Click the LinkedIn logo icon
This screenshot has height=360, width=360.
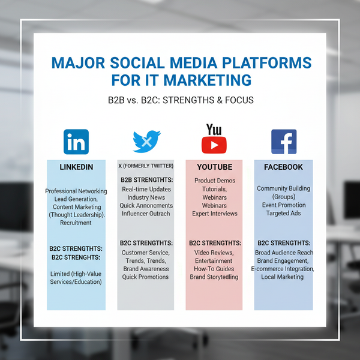tap(76, 142)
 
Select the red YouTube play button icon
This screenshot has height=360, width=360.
tap(214, 144)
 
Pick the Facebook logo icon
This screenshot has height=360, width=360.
tap(284, 142)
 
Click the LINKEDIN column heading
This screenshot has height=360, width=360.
tap(76, 167)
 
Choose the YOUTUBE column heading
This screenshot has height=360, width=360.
tap(214, 167)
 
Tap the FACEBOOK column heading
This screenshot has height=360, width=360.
tap(283, 167)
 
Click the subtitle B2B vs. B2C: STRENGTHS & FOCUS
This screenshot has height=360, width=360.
tap(180, 100)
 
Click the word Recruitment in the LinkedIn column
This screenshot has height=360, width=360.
tap(76, 223)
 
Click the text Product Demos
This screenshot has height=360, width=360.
tap(215, 181)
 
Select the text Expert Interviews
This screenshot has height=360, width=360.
tap(215, 213)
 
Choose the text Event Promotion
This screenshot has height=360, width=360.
tap(283, 205)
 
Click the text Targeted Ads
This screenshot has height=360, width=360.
tap(283, 213)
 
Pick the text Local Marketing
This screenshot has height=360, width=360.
tap(283, 277)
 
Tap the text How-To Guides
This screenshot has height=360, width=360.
tap(214, 269)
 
